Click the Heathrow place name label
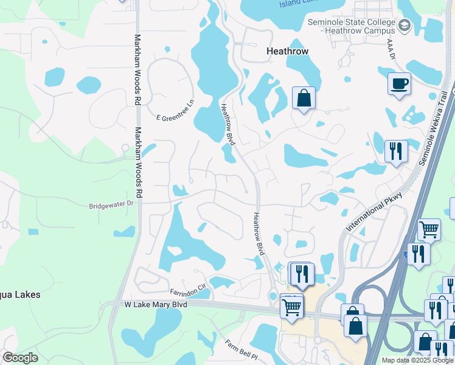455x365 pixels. (x=288, y=52)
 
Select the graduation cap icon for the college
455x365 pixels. (x=405, y=26)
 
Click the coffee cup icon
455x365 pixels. (x=399, y=83)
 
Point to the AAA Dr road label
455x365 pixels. (x=391, y=49)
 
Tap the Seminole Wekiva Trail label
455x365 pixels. (x=436, y=128)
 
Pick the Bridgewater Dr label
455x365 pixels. (x=111, y=205)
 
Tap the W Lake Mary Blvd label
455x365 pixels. (x=155, y=303)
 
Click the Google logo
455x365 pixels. (x=20, y=358)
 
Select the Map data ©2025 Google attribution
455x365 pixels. (x=417, y=360)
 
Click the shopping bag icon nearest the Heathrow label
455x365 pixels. (x=304, y=98)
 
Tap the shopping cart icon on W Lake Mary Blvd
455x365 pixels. (x=291, y=307)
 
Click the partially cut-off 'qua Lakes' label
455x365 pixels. (x=20, y=294)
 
